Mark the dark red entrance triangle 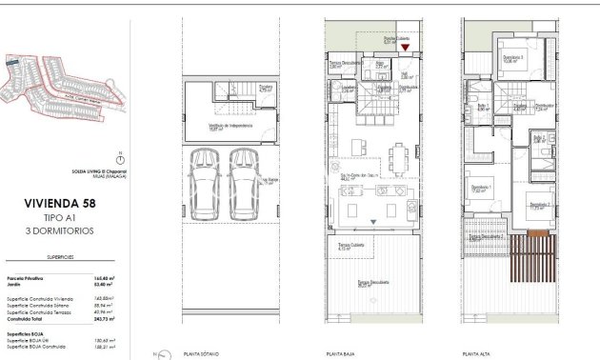406,47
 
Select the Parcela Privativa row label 25,278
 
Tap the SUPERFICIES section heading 60,258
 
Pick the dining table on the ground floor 400,152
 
